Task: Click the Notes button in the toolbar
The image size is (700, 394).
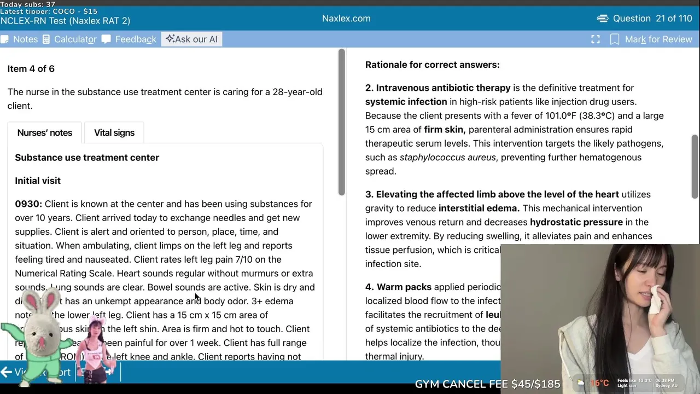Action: pyautogui.click(x=20, y=39)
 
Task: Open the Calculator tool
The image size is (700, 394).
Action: pyautogui.click(x=69, y=39)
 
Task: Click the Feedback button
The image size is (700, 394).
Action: pyautogui.click(x=129, y=39)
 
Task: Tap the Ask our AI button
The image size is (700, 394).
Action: pyautogui.click(x=191, y=39)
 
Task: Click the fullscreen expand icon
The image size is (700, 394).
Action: pyautogui.click(x=596, y=39)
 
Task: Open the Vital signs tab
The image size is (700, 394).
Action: pyautogui.click(x=114, y=133)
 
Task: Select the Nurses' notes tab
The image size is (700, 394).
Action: pyautogui.click(x=44, y=133)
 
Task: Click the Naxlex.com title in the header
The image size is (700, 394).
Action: pyautogui.click(x=346, y=19)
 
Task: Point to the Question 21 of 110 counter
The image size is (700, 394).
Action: pyautogui.click(x=645, y=19)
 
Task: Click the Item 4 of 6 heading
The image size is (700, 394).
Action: pyautogui.click(x=31, y=69)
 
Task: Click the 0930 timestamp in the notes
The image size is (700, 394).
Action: pyautogui.click(x=28, y=204)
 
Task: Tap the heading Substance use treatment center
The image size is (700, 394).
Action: pyautogui.click(x=87, y=158)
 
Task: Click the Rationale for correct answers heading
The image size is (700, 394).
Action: pyautogui.click(x=432, y=65)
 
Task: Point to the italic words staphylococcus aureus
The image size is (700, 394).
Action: pyautogui.click(x=447, y=158)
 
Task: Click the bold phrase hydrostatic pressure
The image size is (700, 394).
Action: pyautogui.click(x=576, y=222)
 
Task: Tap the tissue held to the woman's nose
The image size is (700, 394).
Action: pyautogui.click(x=655, y=298)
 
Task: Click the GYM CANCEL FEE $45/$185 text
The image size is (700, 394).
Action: pyautogui.click(x=487, y=384)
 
